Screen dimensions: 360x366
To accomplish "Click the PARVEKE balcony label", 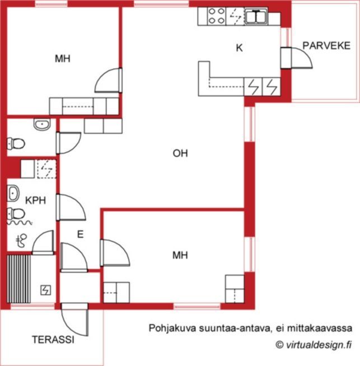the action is click(x=326, y=46).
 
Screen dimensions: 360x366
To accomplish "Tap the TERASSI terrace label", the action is click(x=53, y=340).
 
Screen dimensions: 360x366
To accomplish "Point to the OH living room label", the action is click(x=180, y=153).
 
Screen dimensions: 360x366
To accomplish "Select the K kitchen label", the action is click(x=239, y=48).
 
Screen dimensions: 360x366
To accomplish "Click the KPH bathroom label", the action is click(x=35, y=200).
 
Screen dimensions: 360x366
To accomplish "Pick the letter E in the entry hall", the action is click(x=80, y=234).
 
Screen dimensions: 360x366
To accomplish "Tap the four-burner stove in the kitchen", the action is click(x=217, y=16).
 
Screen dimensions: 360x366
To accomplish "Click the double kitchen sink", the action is click(x=256, y=16).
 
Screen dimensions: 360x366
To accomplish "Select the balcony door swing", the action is click(x=297, y=58).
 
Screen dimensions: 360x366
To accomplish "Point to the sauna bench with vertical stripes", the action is click(x=18, y=279).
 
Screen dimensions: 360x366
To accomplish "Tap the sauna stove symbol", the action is click(x=45, y=290).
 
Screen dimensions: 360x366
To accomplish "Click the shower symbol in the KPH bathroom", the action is click(x=21, y=241).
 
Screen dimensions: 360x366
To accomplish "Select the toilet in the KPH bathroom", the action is click(x=16, y=214).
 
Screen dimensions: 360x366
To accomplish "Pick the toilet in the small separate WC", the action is click(x=16, y=144).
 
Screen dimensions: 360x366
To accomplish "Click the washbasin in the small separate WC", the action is click(x=42, y=124).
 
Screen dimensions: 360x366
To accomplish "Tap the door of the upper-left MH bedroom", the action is click(x=109, y=80).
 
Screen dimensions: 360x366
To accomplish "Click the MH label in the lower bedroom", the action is click(x=180, y=255).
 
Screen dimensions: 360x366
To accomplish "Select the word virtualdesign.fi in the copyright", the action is click(x=319, y=345).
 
